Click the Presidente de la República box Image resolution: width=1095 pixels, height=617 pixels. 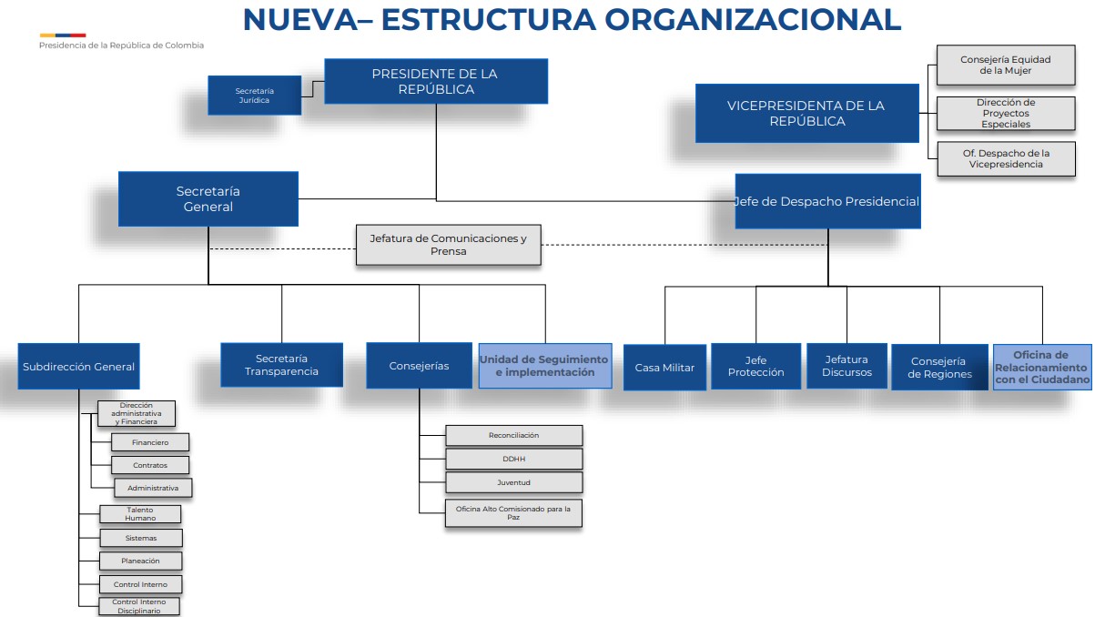436,81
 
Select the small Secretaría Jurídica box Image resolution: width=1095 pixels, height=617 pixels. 255,95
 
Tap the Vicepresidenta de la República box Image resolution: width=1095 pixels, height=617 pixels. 806,113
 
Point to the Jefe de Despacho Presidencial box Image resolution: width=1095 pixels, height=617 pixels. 827,201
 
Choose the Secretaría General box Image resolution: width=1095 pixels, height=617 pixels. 208,198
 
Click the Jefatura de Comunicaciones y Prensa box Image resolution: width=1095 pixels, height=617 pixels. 448,244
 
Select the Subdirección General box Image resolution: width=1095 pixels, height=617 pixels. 79,367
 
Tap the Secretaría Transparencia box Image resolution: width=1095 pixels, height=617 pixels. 281,365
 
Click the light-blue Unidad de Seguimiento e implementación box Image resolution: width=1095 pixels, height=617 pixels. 544,366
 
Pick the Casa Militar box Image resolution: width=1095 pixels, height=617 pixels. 664,368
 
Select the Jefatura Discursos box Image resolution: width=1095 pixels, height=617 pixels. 847,366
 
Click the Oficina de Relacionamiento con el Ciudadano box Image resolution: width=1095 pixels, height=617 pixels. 1042,367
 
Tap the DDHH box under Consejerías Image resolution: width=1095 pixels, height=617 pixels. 513,459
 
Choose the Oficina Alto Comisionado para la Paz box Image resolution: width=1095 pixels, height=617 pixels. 513,513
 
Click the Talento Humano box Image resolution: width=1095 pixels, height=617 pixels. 140,514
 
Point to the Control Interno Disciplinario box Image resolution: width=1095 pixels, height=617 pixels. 139,606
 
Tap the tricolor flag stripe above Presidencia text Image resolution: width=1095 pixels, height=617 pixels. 62,35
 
